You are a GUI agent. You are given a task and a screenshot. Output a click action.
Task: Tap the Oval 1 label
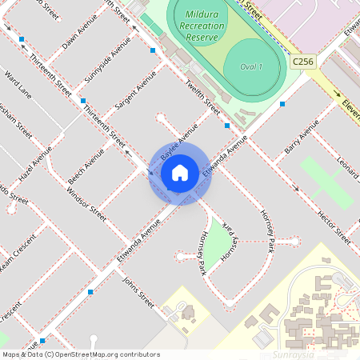[251, 66]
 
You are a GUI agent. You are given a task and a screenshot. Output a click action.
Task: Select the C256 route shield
[302, 62]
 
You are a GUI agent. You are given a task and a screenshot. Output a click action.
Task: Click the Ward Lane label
[18, 84]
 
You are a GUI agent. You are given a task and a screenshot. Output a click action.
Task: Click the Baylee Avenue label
[178, 140]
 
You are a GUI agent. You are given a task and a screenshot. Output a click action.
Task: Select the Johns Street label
[138, 292]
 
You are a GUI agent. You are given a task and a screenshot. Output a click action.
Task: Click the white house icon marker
[179, 173]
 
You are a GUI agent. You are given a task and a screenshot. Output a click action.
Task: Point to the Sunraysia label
[294, 353]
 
